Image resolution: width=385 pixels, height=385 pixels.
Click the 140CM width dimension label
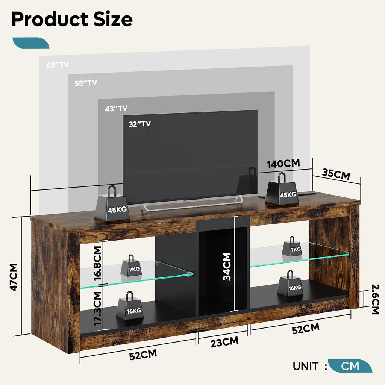tap(283, 164)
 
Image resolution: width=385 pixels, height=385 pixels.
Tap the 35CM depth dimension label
tap(336, 174)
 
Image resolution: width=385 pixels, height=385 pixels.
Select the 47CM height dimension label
tap(14, 277)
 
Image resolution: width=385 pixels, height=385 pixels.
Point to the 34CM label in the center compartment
tap(227, 267)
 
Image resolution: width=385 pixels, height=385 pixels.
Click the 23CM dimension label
tap(224, 342)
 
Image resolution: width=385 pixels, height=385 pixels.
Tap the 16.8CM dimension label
tap(97, 264)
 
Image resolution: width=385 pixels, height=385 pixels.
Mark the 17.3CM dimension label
tap(97, 309)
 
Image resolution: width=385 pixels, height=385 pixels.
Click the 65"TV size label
tap(58, 65)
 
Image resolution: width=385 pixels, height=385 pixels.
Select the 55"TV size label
tap(86, 83)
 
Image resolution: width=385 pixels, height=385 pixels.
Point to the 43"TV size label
tap(117, 108)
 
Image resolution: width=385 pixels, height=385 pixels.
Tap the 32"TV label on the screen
tap(140, 124)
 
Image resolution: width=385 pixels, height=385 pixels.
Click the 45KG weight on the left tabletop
tap(112, 203)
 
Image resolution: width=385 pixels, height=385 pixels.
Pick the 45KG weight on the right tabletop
tap(282, 189)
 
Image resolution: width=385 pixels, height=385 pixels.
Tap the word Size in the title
tap(113, 19)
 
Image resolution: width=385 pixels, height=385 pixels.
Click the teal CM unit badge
tap(350, 366)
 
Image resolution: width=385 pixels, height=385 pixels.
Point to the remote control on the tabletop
tap(307, 193)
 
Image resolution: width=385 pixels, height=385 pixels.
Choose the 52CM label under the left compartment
tap(143, 355)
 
